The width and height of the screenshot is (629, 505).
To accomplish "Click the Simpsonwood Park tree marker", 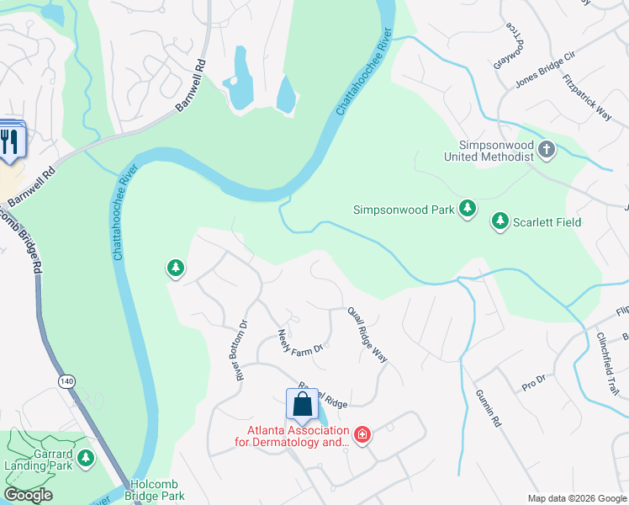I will coord(468,208).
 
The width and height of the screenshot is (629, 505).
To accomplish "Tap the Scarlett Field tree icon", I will coord(500,221).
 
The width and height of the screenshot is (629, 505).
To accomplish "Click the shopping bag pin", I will coord(302,403).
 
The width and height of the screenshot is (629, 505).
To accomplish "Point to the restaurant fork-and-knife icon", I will coord(10,140).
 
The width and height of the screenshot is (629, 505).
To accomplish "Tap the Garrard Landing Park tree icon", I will coord(85,458).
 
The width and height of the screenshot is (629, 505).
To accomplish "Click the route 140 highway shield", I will coord(66,381).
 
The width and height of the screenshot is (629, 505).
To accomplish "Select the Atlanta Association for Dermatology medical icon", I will coord(362,434).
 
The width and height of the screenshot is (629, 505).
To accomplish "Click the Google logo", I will coord(28,495).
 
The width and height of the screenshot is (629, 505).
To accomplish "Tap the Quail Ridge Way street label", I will coord(367,334).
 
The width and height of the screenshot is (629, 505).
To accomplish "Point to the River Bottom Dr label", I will coord(241,349).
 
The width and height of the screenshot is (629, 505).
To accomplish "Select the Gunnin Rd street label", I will coord(488,409).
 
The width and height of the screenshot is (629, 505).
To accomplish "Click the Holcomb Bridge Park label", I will coord(157,490).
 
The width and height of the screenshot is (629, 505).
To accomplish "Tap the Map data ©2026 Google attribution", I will coord(577,498).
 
